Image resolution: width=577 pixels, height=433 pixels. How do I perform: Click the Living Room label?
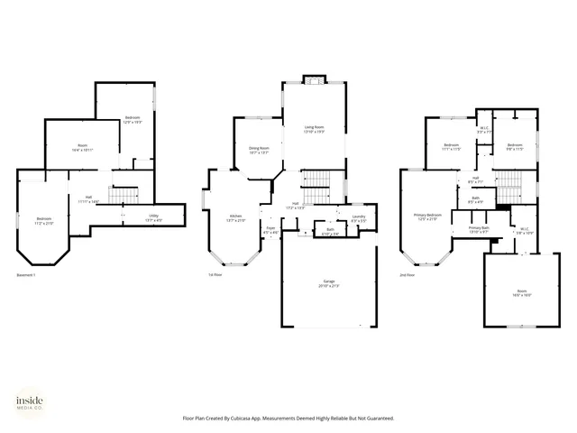pos(314,129)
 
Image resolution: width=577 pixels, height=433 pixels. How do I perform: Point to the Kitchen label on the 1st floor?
pos(235,216)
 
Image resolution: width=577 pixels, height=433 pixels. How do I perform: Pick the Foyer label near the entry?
pos(270,229)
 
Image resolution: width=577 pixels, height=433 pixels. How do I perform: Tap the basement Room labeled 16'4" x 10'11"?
pos(82,147)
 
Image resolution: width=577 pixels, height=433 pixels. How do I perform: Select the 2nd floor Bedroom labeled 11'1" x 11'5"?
pos(452,147)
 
